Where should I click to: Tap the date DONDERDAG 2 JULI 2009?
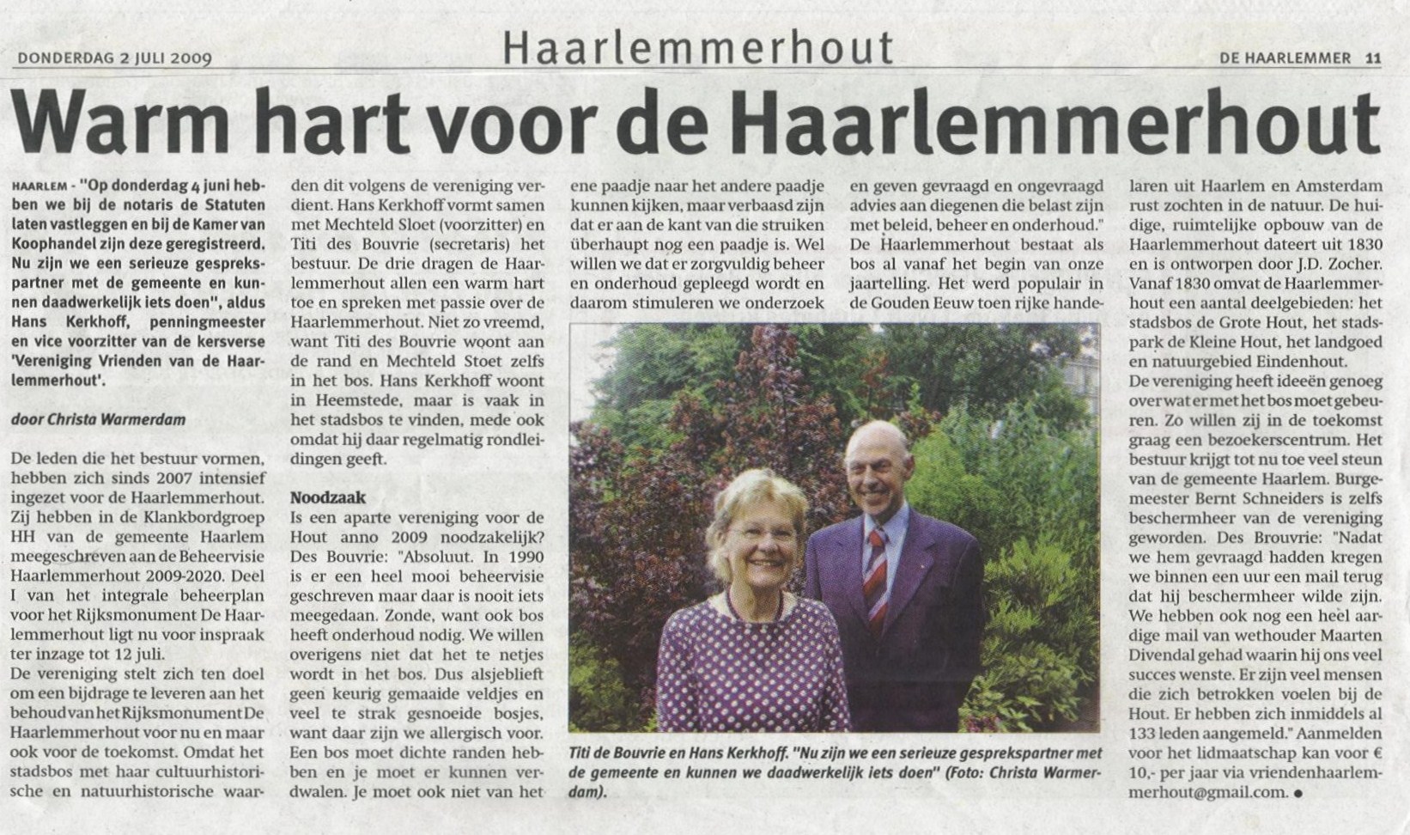tap(114, 58)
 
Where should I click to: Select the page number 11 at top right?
tap(1372, 58)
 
